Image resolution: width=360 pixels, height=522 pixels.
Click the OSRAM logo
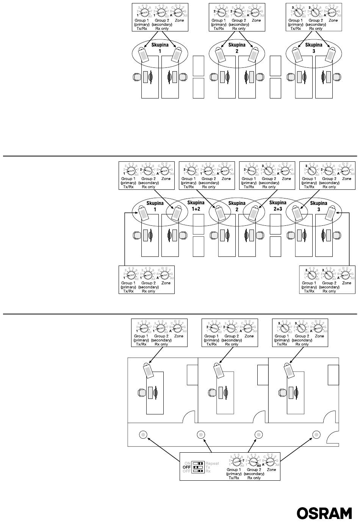pyautogui.click(x=324, y=513)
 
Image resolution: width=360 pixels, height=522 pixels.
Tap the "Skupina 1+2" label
pyautogui.click(x=196, y=205)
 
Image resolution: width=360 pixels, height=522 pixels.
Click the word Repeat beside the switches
pyautogui.click(x=212, y=463)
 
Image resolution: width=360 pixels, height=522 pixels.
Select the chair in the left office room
pyautogui.click(x=141, y=392)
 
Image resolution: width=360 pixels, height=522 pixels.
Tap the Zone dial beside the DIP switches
pyautogui.click(x=271, y=462)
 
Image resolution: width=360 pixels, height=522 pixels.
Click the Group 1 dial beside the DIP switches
pyautogui.click(x=235, y=462)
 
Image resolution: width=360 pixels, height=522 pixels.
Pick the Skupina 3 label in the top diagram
pyautogui.click(x=314, y=47)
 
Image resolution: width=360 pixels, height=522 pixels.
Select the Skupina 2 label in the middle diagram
pyautogui.click(x=237, y=206)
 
